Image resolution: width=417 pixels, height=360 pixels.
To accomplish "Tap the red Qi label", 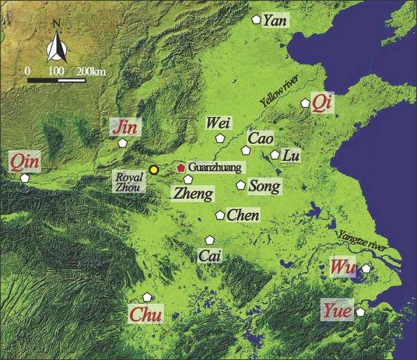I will pos(322,102).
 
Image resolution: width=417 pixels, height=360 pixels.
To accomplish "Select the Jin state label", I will pos(126,126).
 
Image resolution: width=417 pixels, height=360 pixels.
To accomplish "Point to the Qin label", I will pos(25,162).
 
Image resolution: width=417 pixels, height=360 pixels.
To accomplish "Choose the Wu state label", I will pos(341,266).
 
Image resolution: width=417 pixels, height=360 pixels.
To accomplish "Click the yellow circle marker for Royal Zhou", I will pos(154,169).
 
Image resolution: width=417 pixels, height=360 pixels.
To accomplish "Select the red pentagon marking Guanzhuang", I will pos(180,167).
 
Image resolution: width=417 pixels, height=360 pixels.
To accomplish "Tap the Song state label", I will pos(263,185).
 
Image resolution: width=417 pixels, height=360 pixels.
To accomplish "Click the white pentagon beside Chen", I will pos(220,215).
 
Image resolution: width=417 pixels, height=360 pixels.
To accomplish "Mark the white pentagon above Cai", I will pos(210,240).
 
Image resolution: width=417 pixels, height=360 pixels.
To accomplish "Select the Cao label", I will pos(260,138).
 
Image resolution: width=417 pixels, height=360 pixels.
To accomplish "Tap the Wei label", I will pos(219,123).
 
